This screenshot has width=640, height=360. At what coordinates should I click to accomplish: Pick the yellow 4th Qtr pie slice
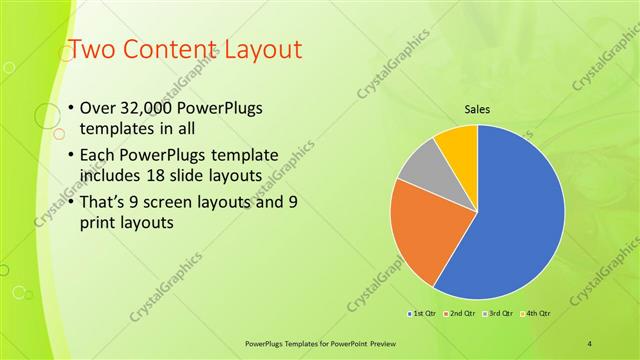pos(458,142)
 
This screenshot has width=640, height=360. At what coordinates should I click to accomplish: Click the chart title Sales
pos(475,109)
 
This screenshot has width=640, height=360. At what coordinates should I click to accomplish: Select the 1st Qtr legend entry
pos(421,314)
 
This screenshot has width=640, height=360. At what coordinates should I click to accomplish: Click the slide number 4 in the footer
pos(590,343)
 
